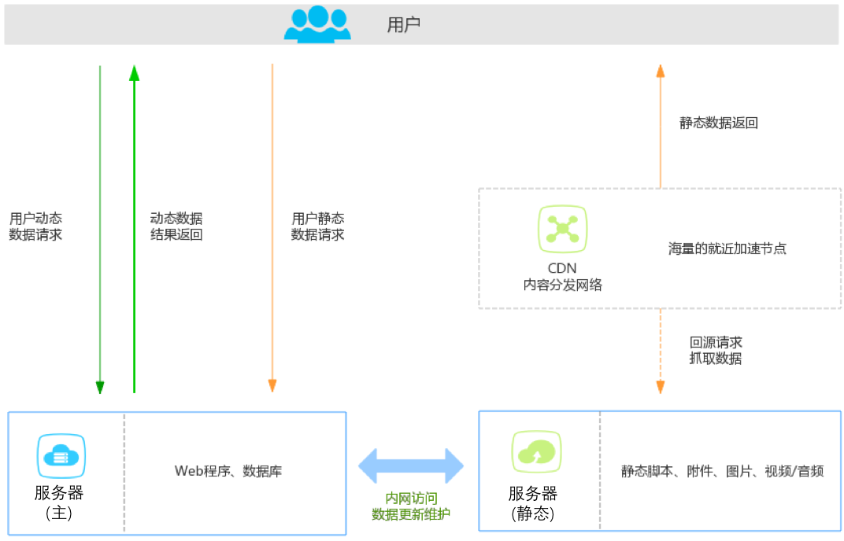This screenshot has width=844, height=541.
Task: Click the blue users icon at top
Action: (x=317, y=24)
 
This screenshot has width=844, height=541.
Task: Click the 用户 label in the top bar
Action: (x=404, y=24)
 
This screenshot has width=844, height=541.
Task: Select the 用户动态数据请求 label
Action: (x=35, y=226)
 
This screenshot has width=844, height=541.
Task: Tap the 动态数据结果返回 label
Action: (x=176, y=226)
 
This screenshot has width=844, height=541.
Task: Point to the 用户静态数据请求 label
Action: (x=317, y=226)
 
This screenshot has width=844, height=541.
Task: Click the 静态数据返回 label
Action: (x=718, y=123)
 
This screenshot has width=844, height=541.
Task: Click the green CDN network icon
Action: (x=562, y=229)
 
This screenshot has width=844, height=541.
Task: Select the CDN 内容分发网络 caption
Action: (x=562, y=277)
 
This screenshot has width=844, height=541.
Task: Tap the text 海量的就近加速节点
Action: (x=727, y=248)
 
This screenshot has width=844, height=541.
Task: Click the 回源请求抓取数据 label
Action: (x=716, y=351)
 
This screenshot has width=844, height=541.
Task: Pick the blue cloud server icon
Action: (x=61, y=457)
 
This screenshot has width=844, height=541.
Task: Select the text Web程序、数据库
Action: (x=228, y=471)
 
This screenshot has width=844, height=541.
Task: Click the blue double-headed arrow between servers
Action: (x=411, y=466)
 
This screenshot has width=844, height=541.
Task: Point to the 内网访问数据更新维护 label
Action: (x=411, y=506)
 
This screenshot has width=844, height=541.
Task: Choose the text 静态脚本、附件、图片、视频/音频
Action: (x=722, y=471)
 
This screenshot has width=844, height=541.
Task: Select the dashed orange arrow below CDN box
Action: (x=661, y=351)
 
